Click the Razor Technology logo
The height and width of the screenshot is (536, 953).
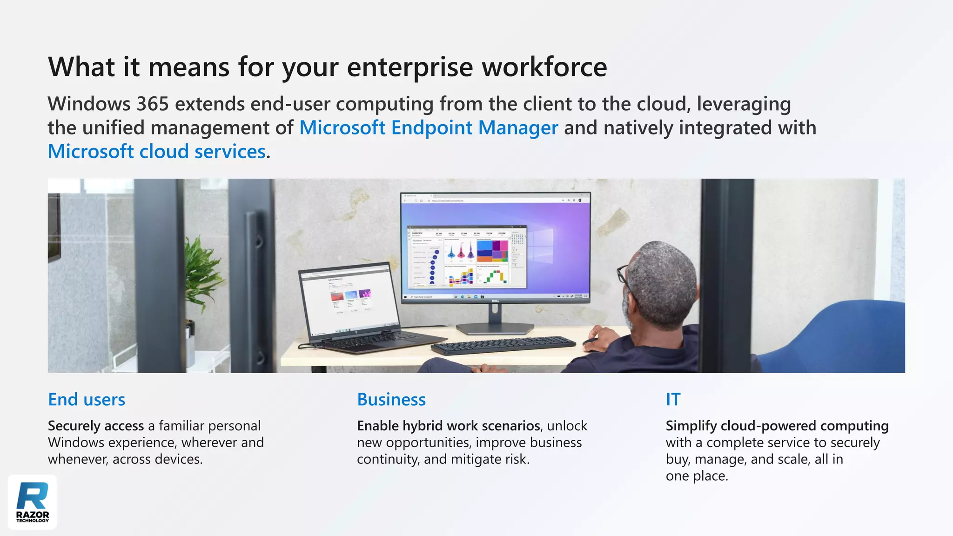click(33, 502)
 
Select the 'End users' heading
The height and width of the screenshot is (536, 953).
click(87, 400)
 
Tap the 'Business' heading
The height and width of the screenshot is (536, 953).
click(391, 400)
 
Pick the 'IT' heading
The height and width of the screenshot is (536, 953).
click(673, 400)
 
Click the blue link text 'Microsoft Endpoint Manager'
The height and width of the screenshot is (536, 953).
click(429, 128)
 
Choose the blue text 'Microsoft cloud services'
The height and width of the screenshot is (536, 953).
click(157, 152)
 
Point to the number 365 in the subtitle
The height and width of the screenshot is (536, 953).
click(153, 104)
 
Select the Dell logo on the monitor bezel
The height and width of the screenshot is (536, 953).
click(496, 301)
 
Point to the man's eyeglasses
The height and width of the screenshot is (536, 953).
click(624, 275)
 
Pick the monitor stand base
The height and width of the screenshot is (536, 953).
click(495, 328)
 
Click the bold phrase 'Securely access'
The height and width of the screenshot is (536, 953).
click(96, 426)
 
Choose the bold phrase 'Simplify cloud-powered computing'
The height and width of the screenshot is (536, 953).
click(777, 426)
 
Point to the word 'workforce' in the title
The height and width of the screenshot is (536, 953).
click(544, 67)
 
